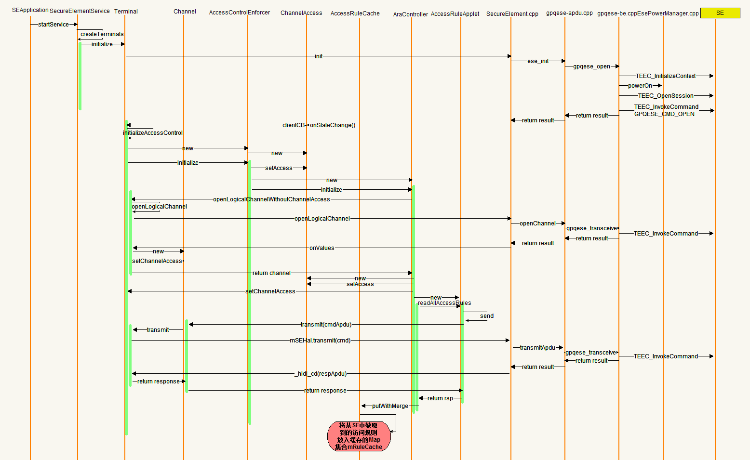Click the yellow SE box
click(x=720, y=13)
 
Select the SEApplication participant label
click(x=30, y=10)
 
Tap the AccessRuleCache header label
click(x=355, y=13)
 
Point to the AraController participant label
click(x=410, y=14)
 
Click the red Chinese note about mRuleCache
click(x=359, y=436)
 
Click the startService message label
click(x=53, y=25)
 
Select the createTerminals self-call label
click(x=102, y=34)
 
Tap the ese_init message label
click(x=538, y=61)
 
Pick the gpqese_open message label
click(x=591, y=66)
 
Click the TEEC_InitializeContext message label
click(x=665, y=76)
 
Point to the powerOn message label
click(x=640, y=86)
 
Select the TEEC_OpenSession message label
click(x=666, y=96)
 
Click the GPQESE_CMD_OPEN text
click(x=664, y=114)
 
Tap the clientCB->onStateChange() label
click(x=319, y=125)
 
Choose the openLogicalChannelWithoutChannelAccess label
click(x=271, y=199)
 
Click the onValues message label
click(x=321, y=248)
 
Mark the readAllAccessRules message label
click(x=444, y=303)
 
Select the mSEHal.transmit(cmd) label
click(x=320, y=341)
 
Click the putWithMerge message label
click(x=390, y=406)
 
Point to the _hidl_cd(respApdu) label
click(x=320, y=374)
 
